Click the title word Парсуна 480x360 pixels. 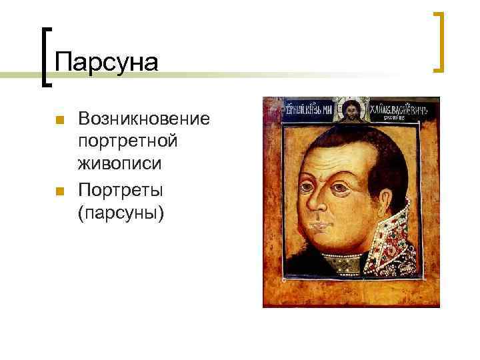point(107,63)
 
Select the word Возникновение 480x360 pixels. point(143,119)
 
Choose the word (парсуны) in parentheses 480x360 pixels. point(120,213)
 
